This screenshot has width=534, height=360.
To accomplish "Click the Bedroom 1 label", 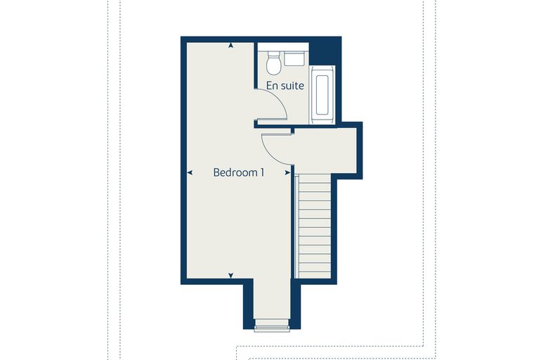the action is pyautogui.click(x=238, y=172).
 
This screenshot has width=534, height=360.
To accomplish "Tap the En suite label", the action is pyautogui.click(x=285, y=86).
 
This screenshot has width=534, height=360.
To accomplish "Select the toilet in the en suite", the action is pyautogui.click(x=273, y=63).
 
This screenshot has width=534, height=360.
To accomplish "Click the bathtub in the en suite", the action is pyautogui.click(x=322, y=95).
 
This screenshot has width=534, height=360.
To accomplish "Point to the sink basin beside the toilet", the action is pyautogui.click(x=294, y=58).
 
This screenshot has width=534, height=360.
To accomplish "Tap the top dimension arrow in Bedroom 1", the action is pyautogui.click(x=231, y=45).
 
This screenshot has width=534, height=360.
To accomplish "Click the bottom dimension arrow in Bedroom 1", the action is pyautogui.click(x=231, y=276).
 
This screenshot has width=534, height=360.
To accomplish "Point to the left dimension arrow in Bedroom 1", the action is pyautogui.click(x=190, y=173).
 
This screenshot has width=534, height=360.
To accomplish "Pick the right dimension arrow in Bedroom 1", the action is pyautogui.click(x=287, y=173).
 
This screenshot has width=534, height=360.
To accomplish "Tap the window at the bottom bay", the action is pyautogui.click(x=272, y=326).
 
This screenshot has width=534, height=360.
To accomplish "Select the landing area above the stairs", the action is pyautogui.click(x=325, y=151).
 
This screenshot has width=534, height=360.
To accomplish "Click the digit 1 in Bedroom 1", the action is pyautogui.click(x=262, y=172).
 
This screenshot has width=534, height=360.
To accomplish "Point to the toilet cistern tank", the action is pyautogui.click(x=273, y=54).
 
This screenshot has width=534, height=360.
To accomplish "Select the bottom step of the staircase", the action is pyautogui.click(x=315, y=275).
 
